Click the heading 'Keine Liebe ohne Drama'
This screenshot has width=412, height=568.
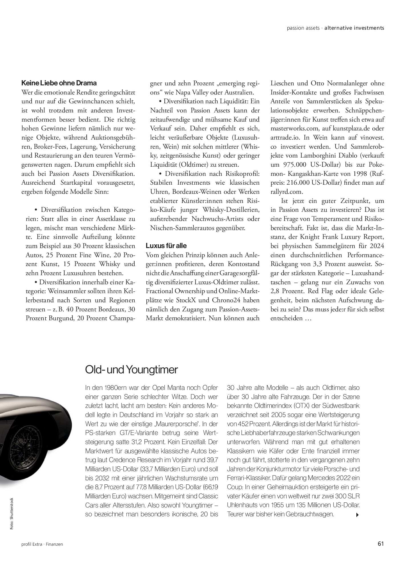[x=59, y=83]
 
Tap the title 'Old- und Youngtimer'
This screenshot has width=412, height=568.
[x=132, y=370]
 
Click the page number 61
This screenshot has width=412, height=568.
[x=381, y=544]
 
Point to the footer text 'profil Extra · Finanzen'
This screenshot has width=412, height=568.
[x=42, y=544]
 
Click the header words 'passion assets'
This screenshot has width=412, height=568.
[x=303, y=28]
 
